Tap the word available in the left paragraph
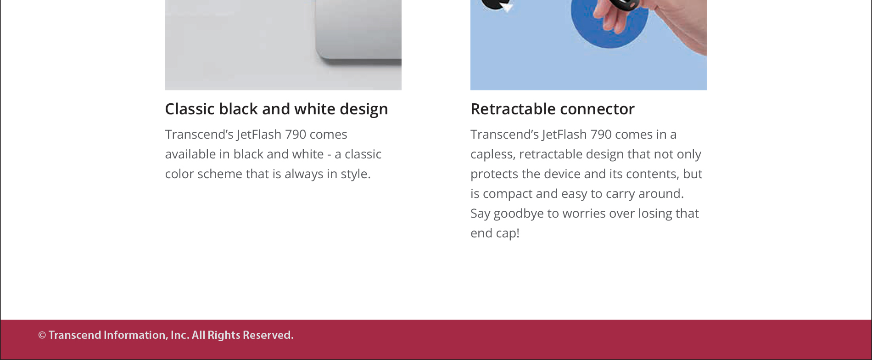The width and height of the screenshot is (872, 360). pyautogui.click(x=190, y=154)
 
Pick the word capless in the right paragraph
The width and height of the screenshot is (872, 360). pyautogui.click(x=492, y=155)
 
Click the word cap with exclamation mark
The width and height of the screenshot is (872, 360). pyautogui.click(x=507, y=234)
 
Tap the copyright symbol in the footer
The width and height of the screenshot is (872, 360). pyautogui.click(x=42, y=335)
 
